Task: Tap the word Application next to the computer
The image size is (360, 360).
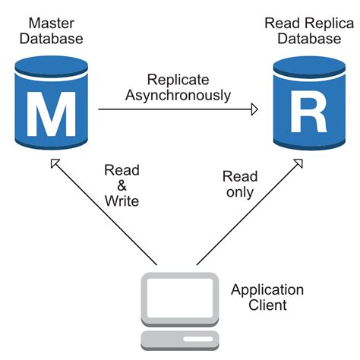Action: (x=267, y=290)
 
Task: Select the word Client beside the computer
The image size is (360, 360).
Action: (x=267, y=305)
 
